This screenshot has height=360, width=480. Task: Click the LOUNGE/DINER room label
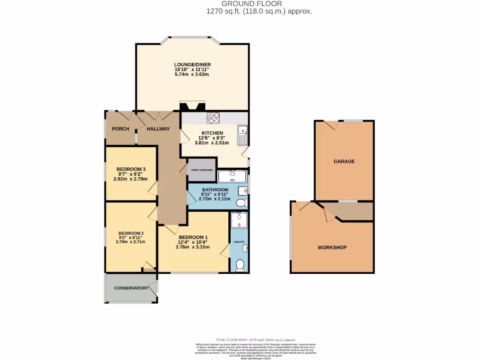[x=192, y=65]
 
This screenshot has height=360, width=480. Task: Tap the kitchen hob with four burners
[x=214, y=118]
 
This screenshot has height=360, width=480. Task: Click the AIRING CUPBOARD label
[x=202, y=170]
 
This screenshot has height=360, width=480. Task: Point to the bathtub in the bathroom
[x=232, y=176]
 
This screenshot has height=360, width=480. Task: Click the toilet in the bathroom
[x=241, y=203]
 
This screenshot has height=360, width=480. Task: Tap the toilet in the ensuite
[x=240, y=265]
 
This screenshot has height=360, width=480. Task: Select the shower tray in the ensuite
[x=239, y=219]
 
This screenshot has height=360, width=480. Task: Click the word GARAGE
[x=344, y=161]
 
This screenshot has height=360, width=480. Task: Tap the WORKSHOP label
[x=332, y=247]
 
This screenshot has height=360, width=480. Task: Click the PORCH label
[x=120, y=129]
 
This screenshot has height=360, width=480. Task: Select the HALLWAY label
[x=158, y=129]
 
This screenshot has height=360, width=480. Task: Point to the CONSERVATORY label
[x=131, y=288]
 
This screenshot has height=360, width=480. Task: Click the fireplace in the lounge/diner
[x=192, y=107]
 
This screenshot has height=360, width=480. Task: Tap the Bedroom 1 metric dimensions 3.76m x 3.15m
[x=192, y=247]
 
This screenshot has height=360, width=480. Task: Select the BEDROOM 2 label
[x=131, y=233]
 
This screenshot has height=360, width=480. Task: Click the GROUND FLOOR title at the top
[x=259, y=4]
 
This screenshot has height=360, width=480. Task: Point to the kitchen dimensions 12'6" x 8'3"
[x=212, y=138]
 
